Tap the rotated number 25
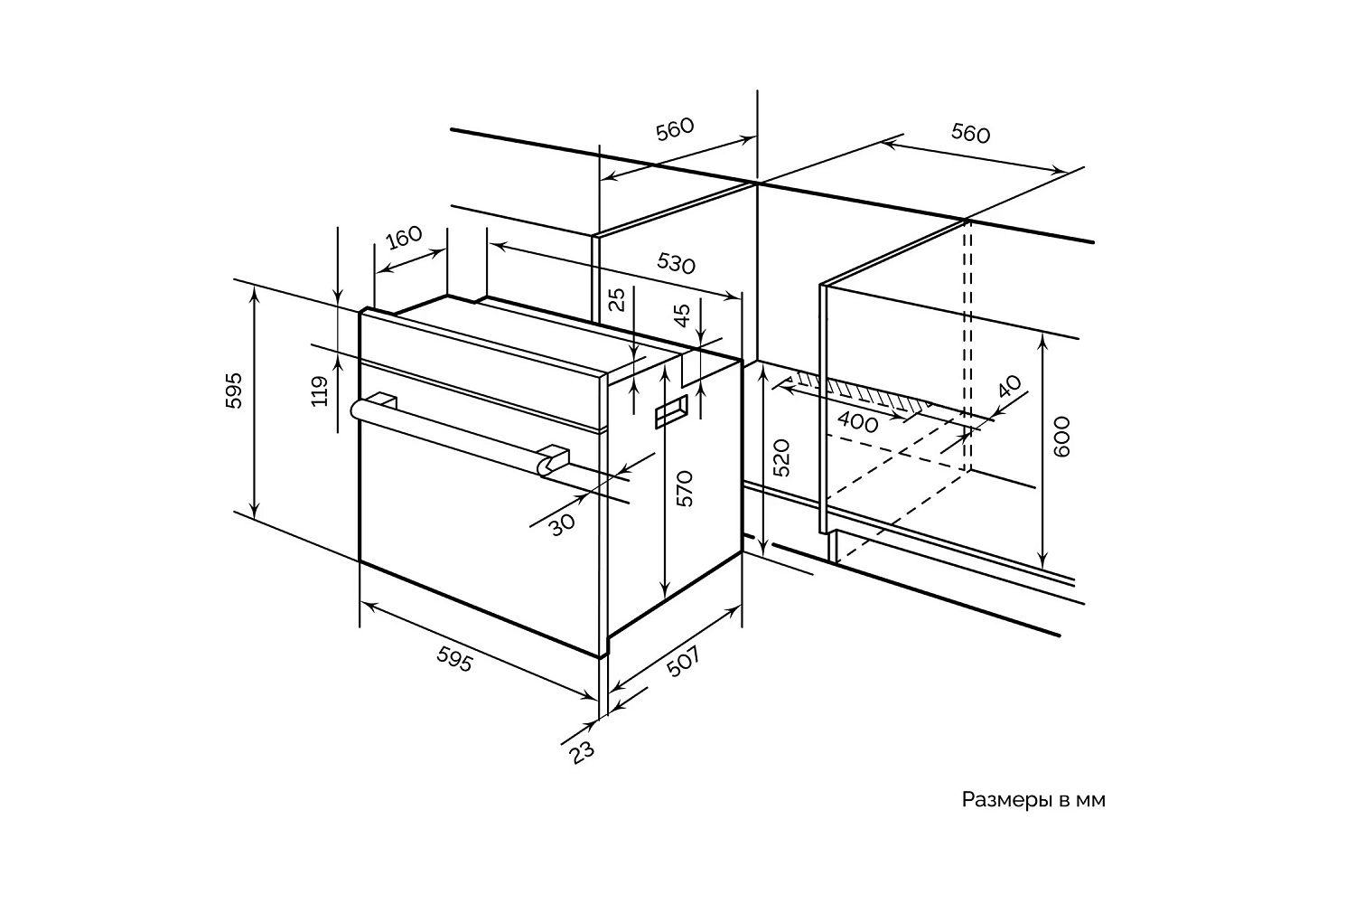point(617,299)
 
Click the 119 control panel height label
point(320,391)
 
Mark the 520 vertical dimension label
point(782,457)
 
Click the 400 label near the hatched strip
point(858,422)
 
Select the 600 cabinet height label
point(1062,436)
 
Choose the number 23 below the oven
point(583,750)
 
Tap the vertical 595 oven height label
point(235,390)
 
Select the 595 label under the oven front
point(454,661)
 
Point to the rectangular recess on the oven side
point(670,411)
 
